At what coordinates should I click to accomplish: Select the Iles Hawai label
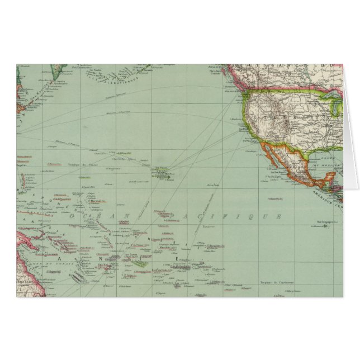click(x=162, y=168)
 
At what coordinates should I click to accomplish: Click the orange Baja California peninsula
click(x=269, y=157)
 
